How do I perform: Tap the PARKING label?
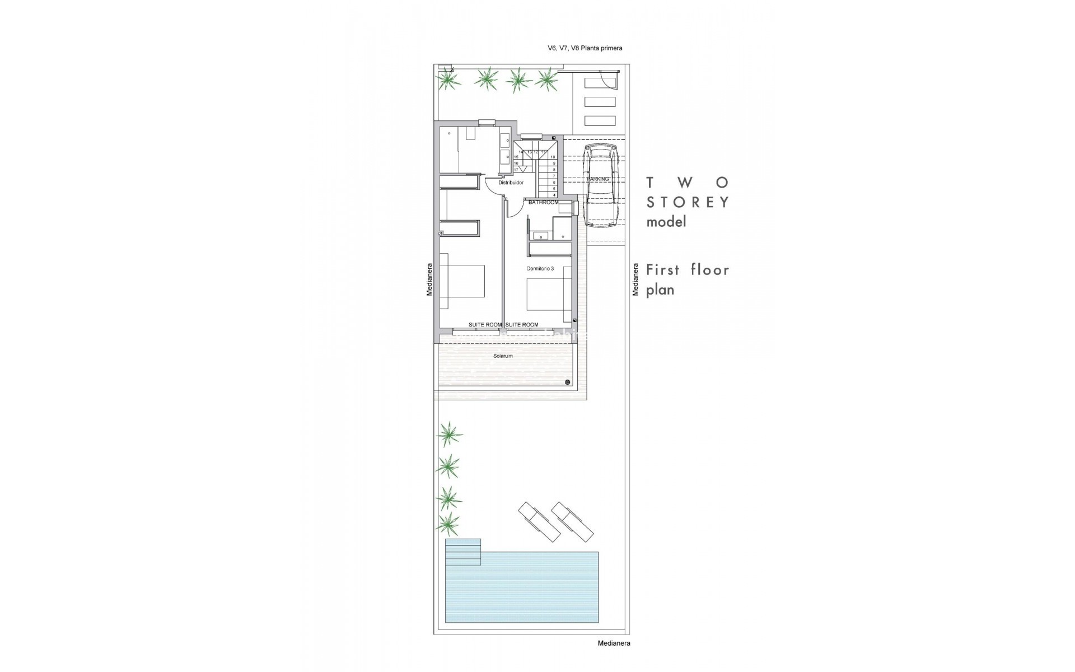coord(597,179)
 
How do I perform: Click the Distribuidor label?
coord(511,183)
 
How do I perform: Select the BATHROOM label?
coord(543,202)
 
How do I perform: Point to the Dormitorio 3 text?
coord(540,269)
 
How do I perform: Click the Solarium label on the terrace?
coord(503,356)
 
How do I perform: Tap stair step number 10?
coord(553,157)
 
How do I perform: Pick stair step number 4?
coord(554,195)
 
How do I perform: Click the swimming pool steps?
coord(463,552)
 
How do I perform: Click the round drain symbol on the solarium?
coord(568,382)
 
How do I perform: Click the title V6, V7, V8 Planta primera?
coord(585,48)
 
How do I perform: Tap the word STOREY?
coord(688,202)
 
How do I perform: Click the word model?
coord(666,222)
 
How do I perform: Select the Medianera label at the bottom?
coord(614,643)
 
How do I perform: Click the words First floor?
coord(688,270)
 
